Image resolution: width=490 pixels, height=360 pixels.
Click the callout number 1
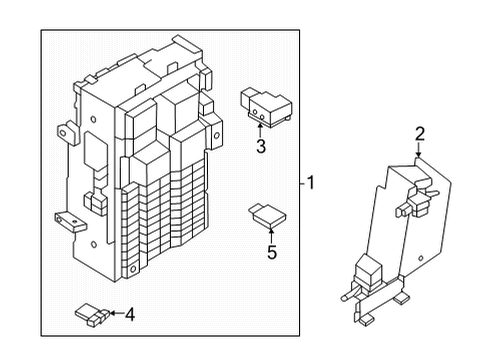311,183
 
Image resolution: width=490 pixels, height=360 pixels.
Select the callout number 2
420,134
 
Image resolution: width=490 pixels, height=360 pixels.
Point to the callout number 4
129,316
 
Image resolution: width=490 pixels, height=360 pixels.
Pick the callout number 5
270,252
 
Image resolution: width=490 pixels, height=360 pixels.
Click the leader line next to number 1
301,183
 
